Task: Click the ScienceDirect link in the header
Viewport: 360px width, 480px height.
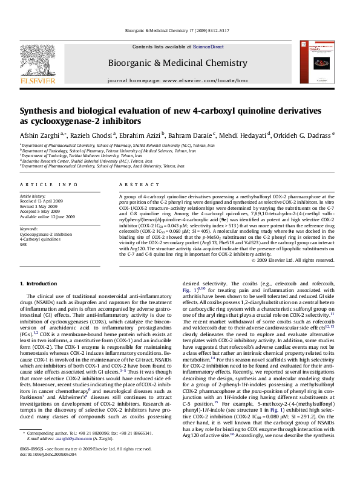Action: click(209, 47)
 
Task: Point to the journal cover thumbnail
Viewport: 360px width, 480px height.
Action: click(319, 62)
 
